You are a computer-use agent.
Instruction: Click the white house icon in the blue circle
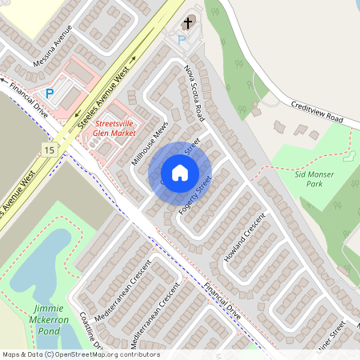click(x=180, y=173)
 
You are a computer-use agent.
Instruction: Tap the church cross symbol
click(x=189, y=23)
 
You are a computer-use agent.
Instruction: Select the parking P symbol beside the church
click(x=181, y=39)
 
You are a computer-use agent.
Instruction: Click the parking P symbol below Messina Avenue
click(x=50, y=94)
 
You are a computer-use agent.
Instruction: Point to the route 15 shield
click(x=50, y=150)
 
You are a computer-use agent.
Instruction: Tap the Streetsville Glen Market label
click(x=115, y=130)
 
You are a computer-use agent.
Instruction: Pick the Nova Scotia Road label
click(x=194, y=93)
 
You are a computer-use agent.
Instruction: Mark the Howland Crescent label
click(x=245, y=239)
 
